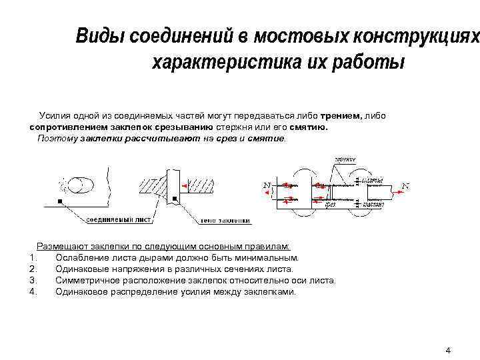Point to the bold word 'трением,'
click(x=341, y=116)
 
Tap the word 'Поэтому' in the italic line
click(x=57, y=138)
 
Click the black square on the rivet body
click(x=175, y=198)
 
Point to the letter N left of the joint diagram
click(x=267, y=185)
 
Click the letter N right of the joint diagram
click(x=405, y=185)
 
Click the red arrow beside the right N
click(x=397, y=191)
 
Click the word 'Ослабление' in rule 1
click(x=81, y=257)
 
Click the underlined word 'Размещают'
click(x=61, y=245)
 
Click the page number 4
click(x=448, y=350)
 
